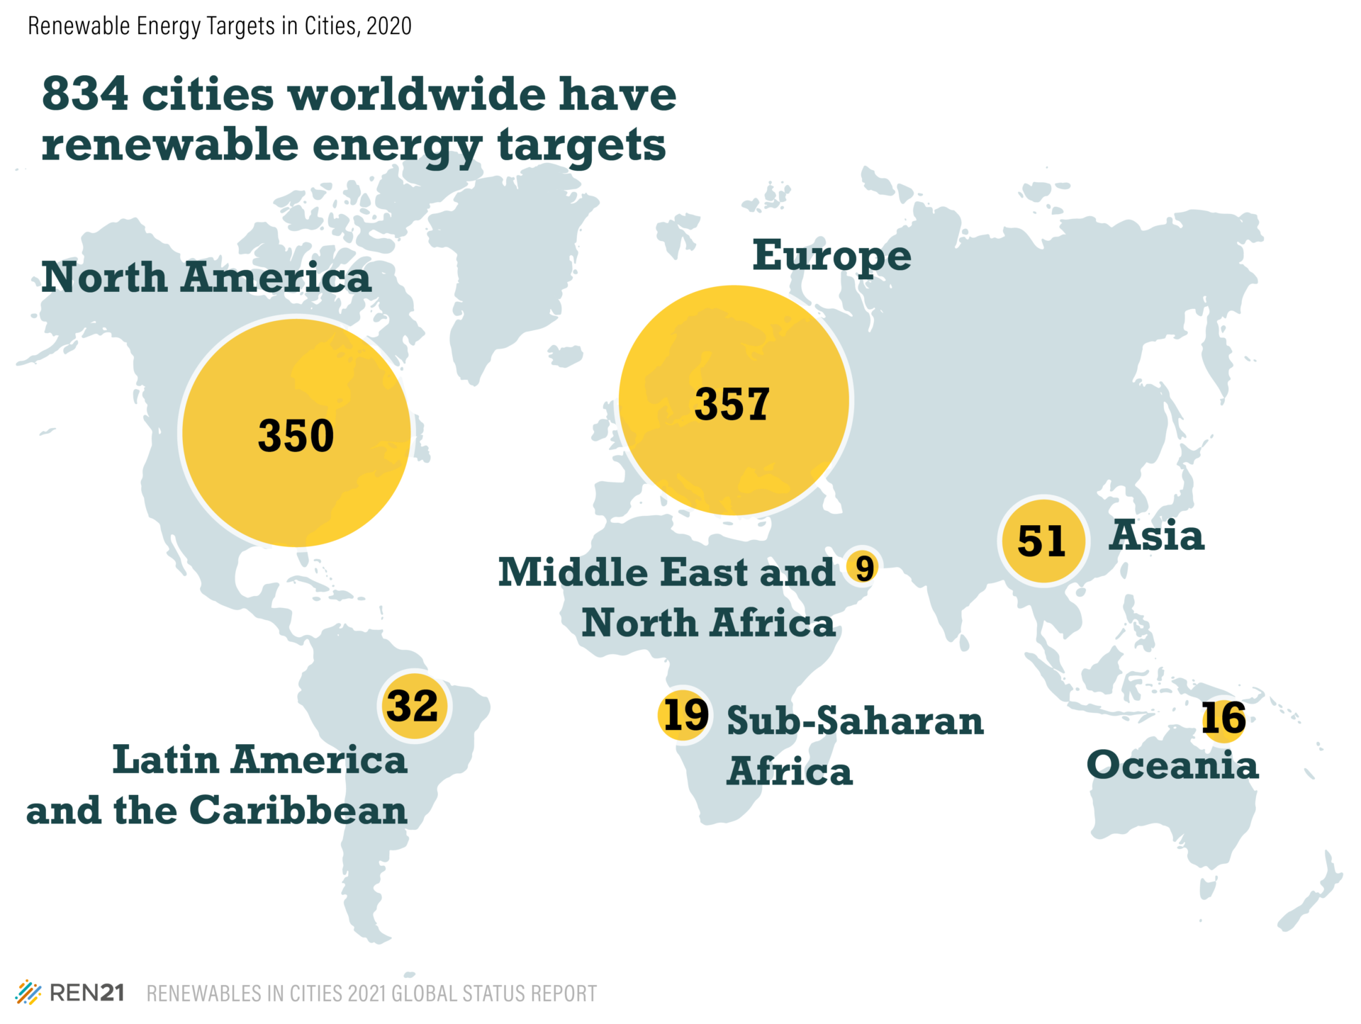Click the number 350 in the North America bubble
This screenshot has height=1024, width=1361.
pyautogui.click(x=296, y=435)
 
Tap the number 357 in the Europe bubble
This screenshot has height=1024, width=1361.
pyautogui.click(x=732, y=404)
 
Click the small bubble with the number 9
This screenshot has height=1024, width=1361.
pyautogui.click(x=864, y=568)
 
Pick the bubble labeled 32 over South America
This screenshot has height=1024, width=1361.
pyautogui.click(x=413, y=706)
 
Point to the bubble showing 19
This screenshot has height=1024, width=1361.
pyautogui.click(x=684, y=715)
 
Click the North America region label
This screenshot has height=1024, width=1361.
pyautogui.click(x=206, y=277)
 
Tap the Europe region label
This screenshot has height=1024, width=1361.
pyautogui.click(x=831, y=256)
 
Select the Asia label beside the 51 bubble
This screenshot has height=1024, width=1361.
pyautogui.click(x=1156, y=535)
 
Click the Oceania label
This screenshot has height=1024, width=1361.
pyautogui.click(x=1172, y=765)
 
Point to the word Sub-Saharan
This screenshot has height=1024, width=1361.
pyautogui.click(x=855, y=721)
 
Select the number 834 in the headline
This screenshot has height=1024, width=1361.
pyautogui.click(x=86, y=94)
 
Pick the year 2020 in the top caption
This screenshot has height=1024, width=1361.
pyautogui.click(x=389, y=26)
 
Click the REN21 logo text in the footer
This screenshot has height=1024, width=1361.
pyautogui.click(x=87, y=993)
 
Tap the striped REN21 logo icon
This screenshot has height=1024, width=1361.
pyautogui.click(x=28, y=993)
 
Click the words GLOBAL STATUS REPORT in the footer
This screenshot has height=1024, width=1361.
pyautogui.click(x=494, y=994)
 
